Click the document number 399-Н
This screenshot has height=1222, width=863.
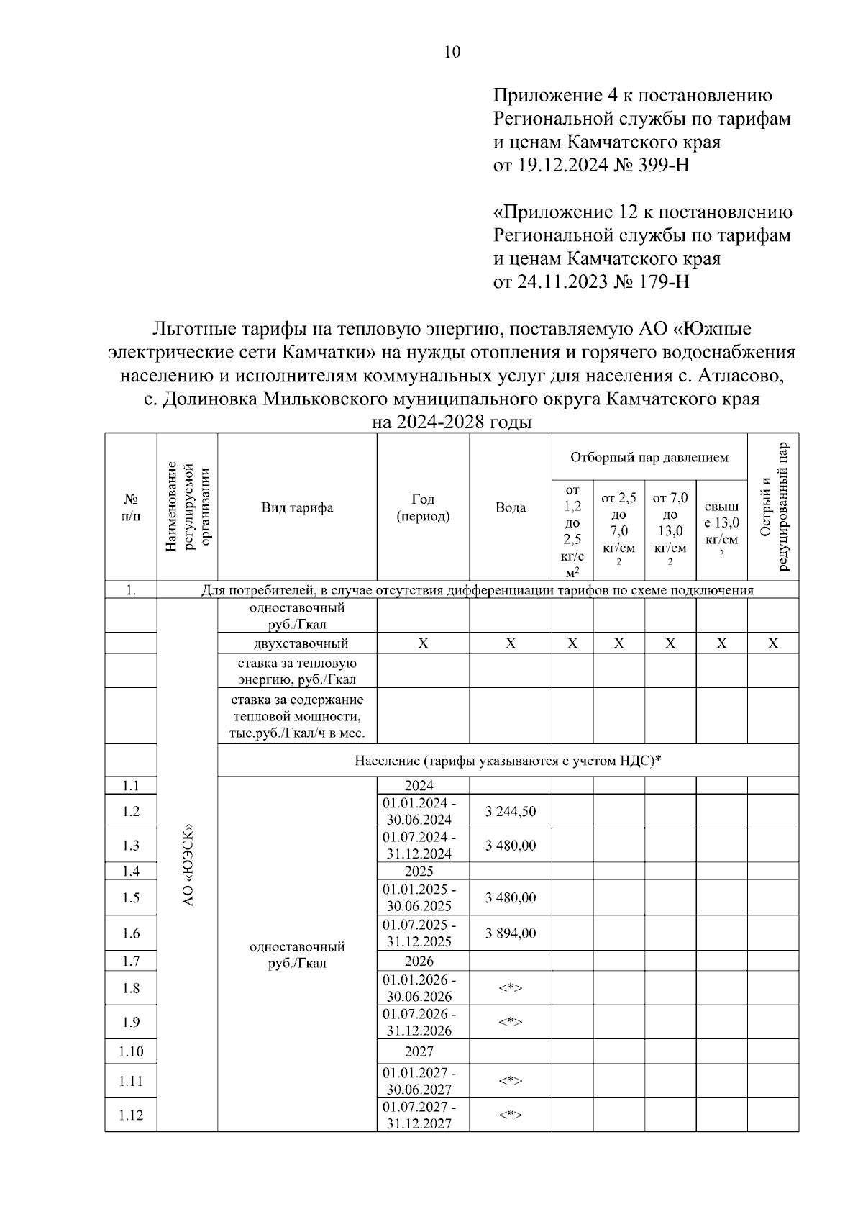tap(663, 166)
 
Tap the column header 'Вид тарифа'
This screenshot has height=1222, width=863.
tap(297, 508)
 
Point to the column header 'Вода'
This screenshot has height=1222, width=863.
tap(510, 508)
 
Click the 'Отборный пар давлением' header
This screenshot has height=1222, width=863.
tap(649, 458)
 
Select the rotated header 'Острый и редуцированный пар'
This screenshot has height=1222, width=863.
tap(773, 507)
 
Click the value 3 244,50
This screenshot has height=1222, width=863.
tap(510, 812)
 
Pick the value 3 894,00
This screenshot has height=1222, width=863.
tap(510, 933)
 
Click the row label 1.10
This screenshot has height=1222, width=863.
tap(130, 1051)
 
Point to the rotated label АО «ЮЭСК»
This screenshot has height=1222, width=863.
tap(187, 864)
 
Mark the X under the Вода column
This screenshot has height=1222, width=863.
tap(510, 643)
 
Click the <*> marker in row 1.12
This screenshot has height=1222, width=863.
tap(510, 1115)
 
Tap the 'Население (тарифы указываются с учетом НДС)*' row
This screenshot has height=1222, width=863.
tap(507, 761)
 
